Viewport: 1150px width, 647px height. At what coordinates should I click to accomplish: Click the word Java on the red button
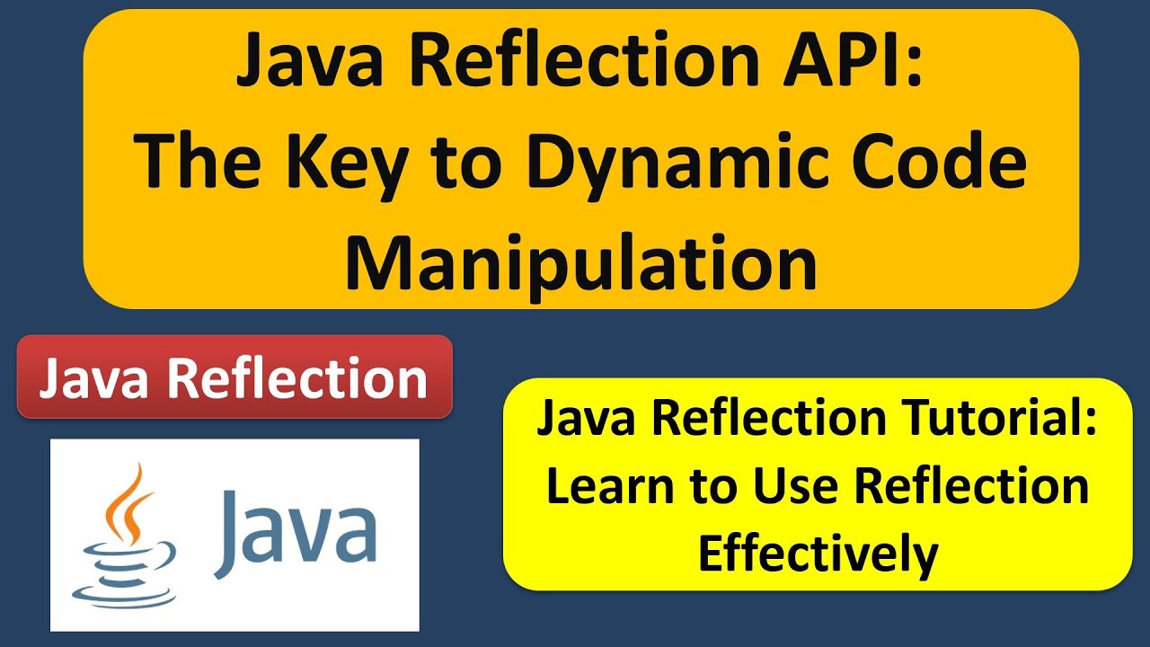coord(98,377)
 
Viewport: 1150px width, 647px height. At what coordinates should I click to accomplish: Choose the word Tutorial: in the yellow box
coord(1007,421)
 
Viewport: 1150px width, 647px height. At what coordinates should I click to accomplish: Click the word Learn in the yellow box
coord(597,487)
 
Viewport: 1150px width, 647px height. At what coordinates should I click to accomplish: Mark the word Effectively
coord(818,554)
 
